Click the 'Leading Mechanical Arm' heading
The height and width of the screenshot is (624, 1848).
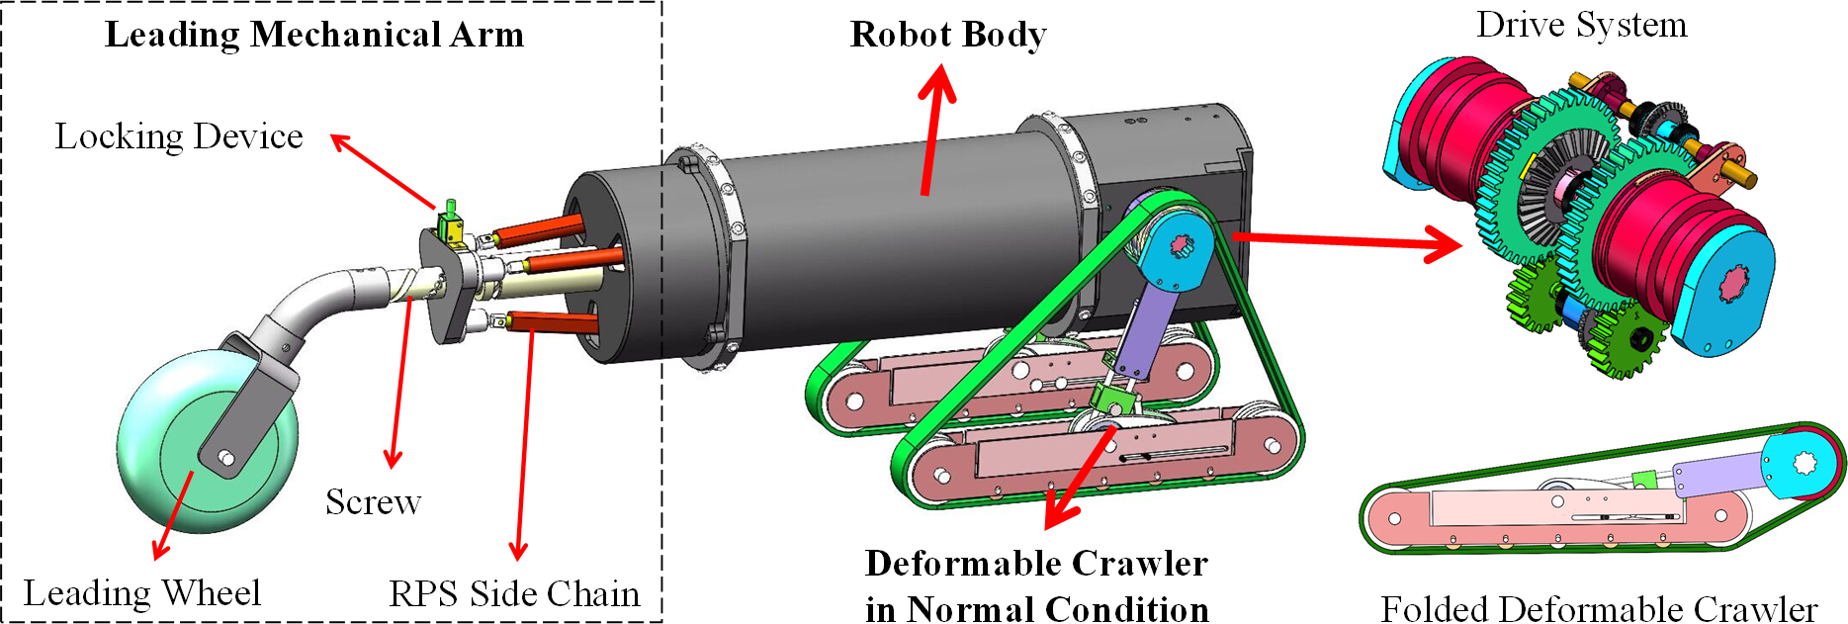314,35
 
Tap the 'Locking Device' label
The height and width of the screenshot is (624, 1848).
179,136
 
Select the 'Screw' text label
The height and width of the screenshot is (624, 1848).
374,502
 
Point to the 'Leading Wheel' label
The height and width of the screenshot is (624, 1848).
142,593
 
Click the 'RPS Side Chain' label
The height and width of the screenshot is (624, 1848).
514,593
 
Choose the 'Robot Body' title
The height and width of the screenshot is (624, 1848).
948,35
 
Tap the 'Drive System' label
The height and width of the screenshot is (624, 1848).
1581,25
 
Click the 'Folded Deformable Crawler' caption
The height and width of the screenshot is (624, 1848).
1599,608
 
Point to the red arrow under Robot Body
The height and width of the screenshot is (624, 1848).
932,129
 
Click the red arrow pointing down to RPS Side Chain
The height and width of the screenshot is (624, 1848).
525,445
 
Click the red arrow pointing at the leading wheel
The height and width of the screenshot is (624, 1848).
173,514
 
